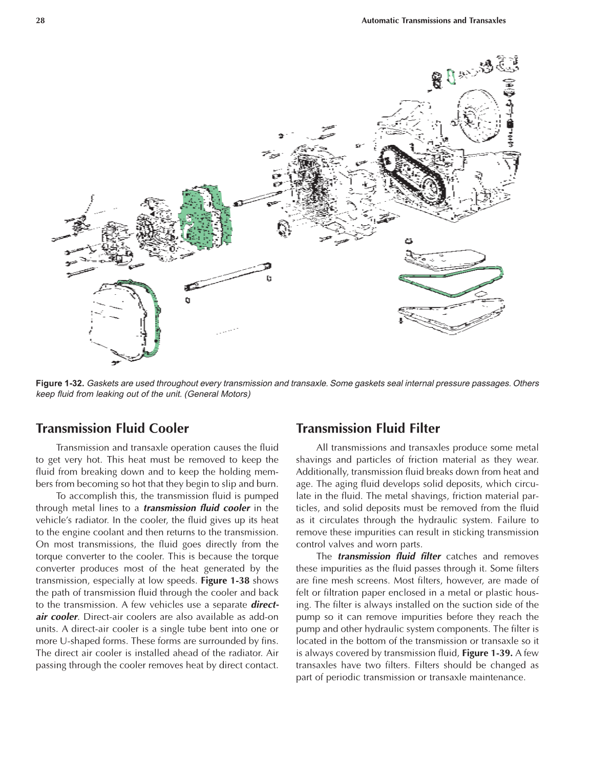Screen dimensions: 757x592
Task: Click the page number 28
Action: pyautogui.click(x=40, y=20)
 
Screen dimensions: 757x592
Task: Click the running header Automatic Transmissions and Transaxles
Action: pyautogui.click(x=433, y=20)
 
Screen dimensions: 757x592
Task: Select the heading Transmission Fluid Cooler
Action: pyautogui.click(x=112, y=428)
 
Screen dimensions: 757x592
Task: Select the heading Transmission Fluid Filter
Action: pyautogui.click(x=368, y=428)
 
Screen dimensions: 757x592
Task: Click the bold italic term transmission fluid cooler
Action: pyautogui.click(x=197, y=508)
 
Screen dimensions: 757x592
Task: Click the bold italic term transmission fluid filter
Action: pyautogui.click(x=389, y=556)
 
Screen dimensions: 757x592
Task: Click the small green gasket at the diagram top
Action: pyautogui.click(x=451, y=77)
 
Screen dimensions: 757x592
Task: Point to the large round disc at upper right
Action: pyautogui.click(x=479, y=115)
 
